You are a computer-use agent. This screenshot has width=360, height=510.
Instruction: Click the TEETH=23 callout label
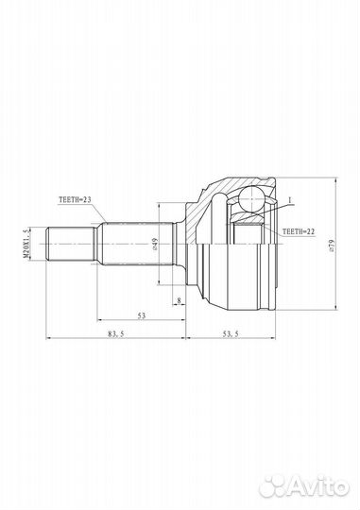tap(75, 200)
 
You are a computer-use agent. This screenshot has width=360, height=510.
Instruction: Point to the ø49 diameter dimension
tap(155, 244)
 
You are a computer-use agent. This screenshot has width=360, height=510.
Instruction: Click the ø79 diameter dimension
tap(332, 246)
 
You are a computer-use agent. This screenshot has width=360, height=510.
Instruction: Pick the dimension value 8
tap(179, 301)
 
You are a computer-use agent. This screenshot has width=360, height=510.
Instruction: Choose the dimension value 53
tap(142, 315)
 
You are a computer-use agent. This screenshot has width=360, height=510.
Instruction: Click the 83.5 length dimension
tap(116, 333)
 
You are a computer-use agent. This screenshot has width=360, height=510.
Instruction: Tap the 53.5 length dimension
tap(231, 333)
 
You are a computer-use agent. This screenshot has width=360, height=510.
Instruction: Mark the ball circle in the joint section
tap(251, 198)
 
